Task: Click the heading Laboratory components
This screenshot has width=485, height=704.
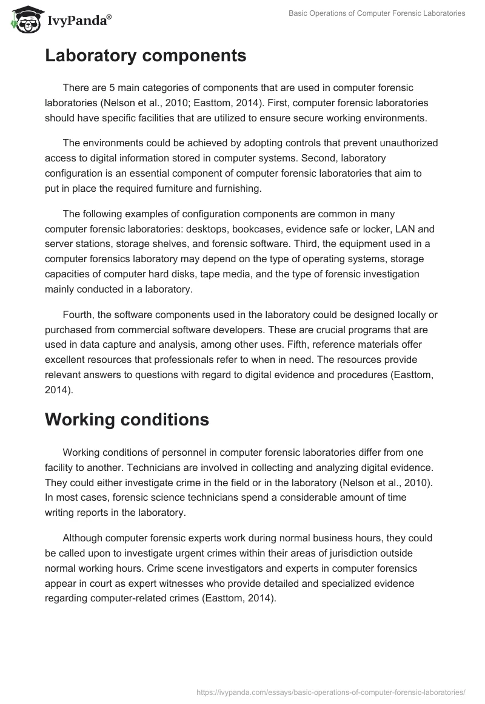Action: (145, 56)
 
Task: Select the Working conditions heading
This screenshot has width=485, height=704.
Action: (127, 419)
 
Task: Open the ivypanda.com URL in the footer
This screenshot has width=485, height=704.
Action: (331, 691)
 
